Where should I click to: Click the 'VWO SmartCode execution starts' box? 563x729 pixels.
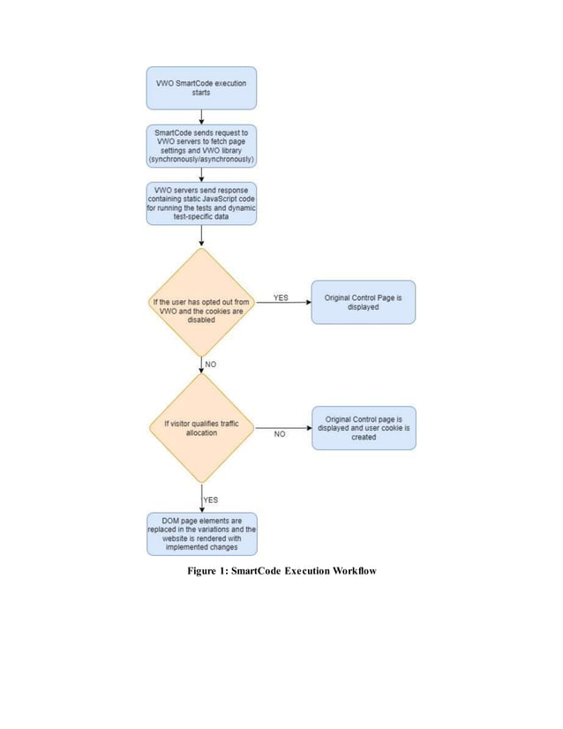201,87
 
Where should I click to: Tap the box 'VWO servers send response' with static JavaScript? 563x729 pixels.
201,203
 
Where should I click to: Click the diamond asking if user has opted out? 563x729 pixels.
201,303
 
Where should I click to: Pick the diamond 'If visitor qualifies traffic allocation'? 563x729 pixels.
201,428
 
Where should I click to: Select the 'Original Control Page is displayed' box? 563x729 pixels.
363,303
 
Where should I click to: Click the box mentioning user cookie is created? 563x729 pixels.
363,428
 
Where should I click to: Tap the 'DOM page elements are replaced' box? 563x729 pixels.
201,534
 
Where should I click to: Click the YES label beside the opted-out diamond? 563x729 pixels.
281,297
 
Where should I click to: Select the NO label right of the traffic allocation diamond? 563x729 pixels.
280,434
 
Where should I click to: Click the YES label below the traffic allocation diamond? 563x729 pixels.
211,500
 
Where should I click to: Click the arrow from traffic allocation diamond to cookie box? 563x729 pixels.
282,428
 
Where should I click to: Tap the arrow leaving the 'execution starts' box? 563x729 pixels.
202,116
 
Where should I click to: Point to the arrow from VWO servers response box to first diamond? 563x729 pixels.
202,236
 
